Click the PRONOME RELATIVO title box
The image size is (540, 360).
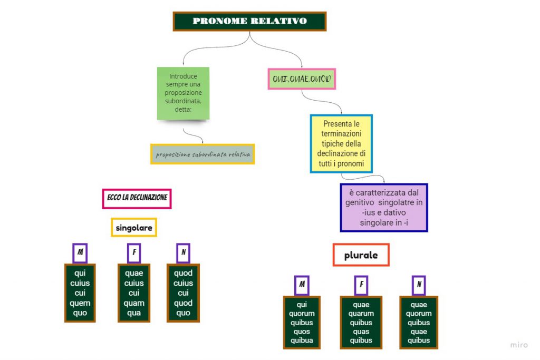pyautogui.click(x=249, y=21)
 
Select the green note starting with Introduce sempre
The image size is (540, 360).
pyautogui.click(x=183, y=93)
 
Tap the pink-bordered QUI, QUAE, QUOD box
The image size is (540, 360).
pyautogui.click(x=302, y=79)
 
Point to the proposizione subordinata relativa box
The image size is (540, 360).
pyautogui.click(x=202, y=154)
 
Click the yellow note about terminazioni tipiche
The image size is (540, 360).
pyautogui.click(x=341, y=144)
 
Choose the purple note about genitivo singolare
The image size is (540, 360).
pyautogui.click(x=384, y=208)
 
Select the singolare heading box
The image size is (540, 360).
pyautogui.click(x=134, y=228)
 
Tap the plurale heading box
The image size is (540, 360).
pyautogui.click(x=361, y=255)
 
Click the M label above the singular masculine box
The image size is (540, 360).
pyautogui.click(x=80, y=253)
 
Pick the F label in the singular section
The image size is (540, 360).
pyautogui.click(x=134, y=253)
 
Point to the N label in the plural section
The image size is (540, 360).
pyautogui.click(x=419, y=285)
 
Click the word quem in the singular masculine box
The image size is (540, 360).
pyautogui.click(x=80, y=303)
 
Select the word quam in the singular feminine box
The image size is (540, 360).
pyautogui.click(x=134, y=303)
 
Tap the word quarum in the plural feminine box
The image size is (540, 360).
pyautogui.click(x=361, y=314)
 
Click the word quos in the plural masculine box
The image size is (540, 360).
pyautogui.click(x=302, y=332)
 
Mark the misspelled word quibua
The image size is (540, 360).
pyautogui.click(x=302, y=340)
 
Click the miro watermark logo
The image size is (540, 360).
pyautogui.click(x=519, y=345)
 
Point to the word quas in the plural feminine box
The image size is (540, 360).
pyautogui.click(x=361, y=332)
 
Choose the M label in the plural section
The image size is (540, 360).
pyautogui.click(x=302, y=285)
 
